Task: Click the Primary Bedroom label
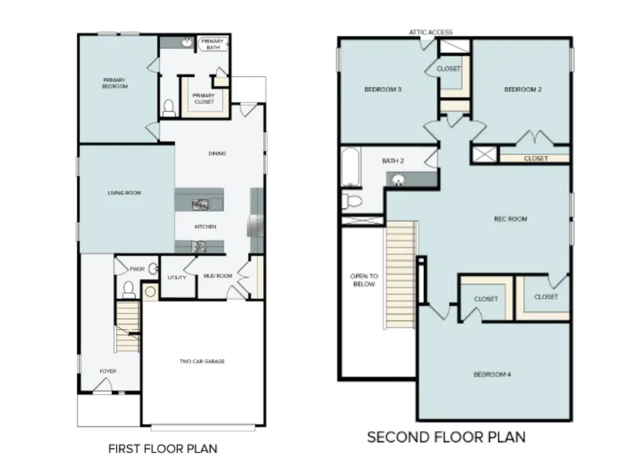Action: click(x=115, y=83)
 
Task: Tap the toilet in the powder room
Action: click(x=128, y=289)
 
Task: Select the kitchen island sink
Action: click(x=200, y=204)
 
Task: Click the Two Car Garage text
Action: click(x=203, y=361)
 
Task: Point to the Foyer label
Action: click(x=108, y=371)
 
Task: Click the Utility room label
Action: click(x=176, y=278)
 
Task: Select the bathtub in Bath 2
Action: click(x=351, y=167)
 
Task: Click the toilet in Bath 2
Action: click(x=352, y=201)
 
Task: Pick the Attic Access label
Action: click(x=431, y=32)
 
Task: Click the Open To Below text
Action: click(x=363, y=280)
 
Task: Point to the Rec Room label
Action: click(x=510, y=219)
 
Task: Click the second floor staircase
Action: click(x=402, y=274)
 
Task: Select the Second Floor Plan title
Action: click(x=446, y=437)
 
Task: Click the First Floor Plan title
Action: click(x=162, y=449)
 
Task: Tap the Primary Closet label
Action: click(x=204, y=98)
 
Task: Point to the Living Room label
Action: click(x=124, y=193)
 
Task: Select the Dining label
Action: click(x=217, y=154)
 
